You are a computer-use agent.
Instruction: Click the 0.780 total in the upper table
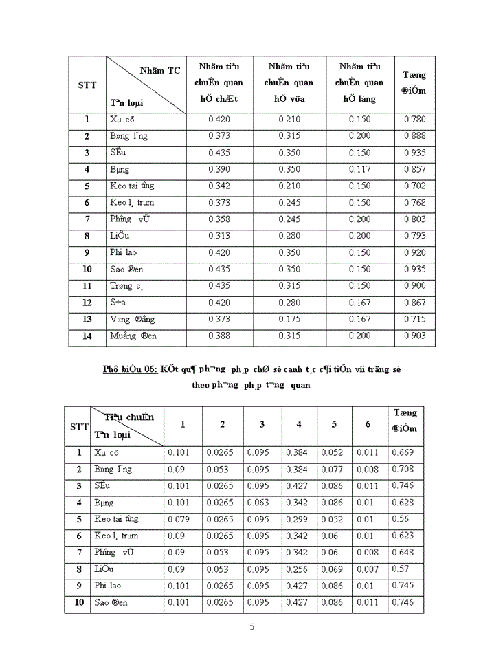pyautogui.click(x=414, y=120)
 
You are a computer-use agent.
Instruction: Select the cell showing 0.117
pyautogui.click(x=359, y=169)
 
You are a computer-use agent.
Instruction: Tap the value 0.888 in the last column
pyautogui.click(x=414, y=136)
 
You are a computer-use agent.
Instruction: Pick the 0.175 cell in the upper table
pyautogui.click(x=289, y=319)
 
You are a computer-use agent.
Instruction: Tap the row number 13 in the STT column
pyautogui.click(x=87, y=319)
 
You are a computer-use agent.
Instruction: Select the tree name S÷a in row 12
pyautogui.click(x=119, y=302)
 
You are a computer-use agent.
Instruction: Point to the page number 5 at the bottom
pyautogui.click(x=252, y=626)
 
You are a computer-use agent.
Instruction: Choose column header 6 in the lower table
pyautogui.click(x=368, y=424)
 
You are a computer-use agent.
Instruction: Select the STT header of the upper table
pyautogui.click(x=87, y=85)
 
